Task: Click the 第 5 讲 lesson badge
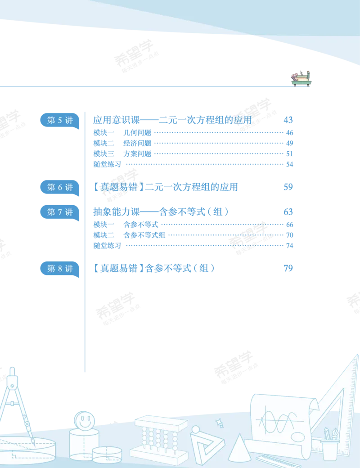tap(60, 121)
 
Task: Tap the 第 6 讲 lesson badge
tap(60, 188)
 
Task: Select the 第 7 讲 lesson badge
tap(60, 212)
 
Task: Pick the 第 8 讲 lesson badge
tap(60, 269)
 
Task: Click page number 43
tap(288, 120)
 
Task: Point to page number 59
tap(288, 187)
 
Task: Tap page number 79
tap(288, 268)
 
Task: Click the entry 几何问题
tap(137, 132)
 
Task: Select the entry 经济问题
tap(137, 143)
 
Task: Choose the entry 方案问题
tap(137, 154)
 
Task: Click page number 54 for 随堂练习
tap(289, 164)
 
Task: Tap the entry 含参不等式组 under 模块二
tap(144, 235)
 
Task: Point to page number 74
tap(289, 246)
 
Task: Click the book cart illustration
tap(301, 79)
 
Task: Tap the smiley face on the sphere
tap(85, 421)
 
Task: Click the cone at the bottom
tap(239, 448)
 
